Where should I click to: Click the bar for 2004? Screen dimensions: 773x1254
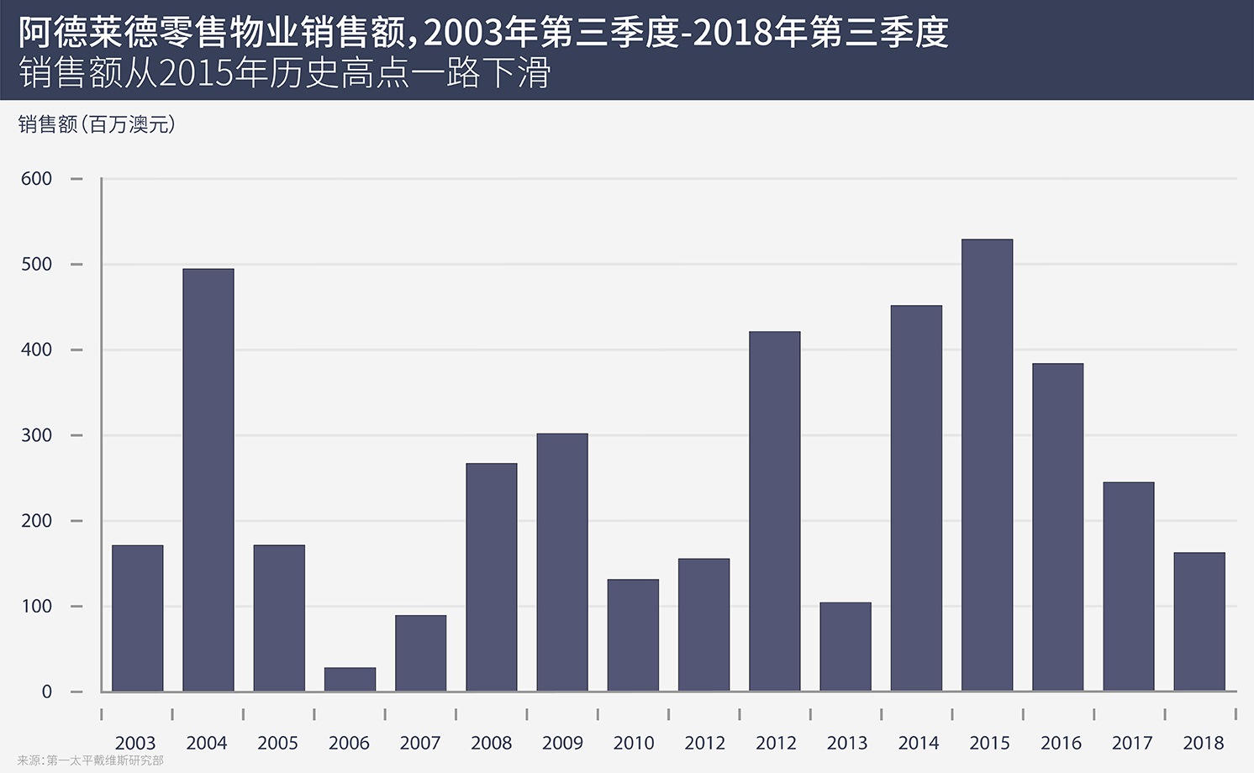pos(208,480)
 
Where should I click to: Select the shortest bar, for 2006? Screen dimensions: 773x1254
pos(350,680)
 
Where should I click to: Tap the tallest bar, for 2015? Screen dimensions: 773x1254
pos(987,465)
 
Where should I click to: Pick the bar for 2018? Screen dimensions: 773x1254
pos(1199,622)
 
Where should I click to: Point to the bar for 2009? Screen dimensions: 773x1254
pos(562,562)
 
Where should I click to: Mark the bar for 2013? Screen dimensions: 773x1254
pos(846,647)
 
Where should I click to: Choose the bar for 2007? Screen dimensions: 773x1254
pos(420,654)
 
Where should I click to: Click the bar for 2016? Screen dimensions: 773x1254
pos(1057,527)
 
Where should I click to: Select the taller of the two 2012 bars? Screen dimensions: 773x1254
pos(775,511)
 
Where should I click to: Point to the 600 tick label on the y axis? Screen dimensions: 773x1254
pos(37,179)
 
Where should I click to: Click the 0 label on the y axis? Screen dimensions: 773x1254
pos(47,691)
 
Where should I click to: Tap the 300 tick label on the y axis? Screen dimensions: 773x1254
pos(37,435)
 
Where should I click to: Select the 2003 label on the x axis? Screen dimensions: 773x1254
pos(135,743)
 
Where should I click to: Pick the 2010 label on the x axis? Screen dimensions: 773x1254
pos(634,743)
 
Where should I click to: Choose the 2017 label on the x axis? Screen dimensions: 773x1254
pos(1131,743)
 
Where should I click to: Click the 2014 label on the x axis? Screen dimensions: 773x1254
pos(919,743)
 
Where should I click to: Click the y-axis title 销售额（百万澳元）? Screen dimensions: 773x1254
pos(97,125)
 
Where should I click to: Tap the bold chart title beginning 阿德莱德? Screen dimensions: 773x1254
pos(483,33)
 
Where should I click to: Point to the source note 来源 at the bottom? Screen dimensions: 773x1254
pos(90,761)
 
